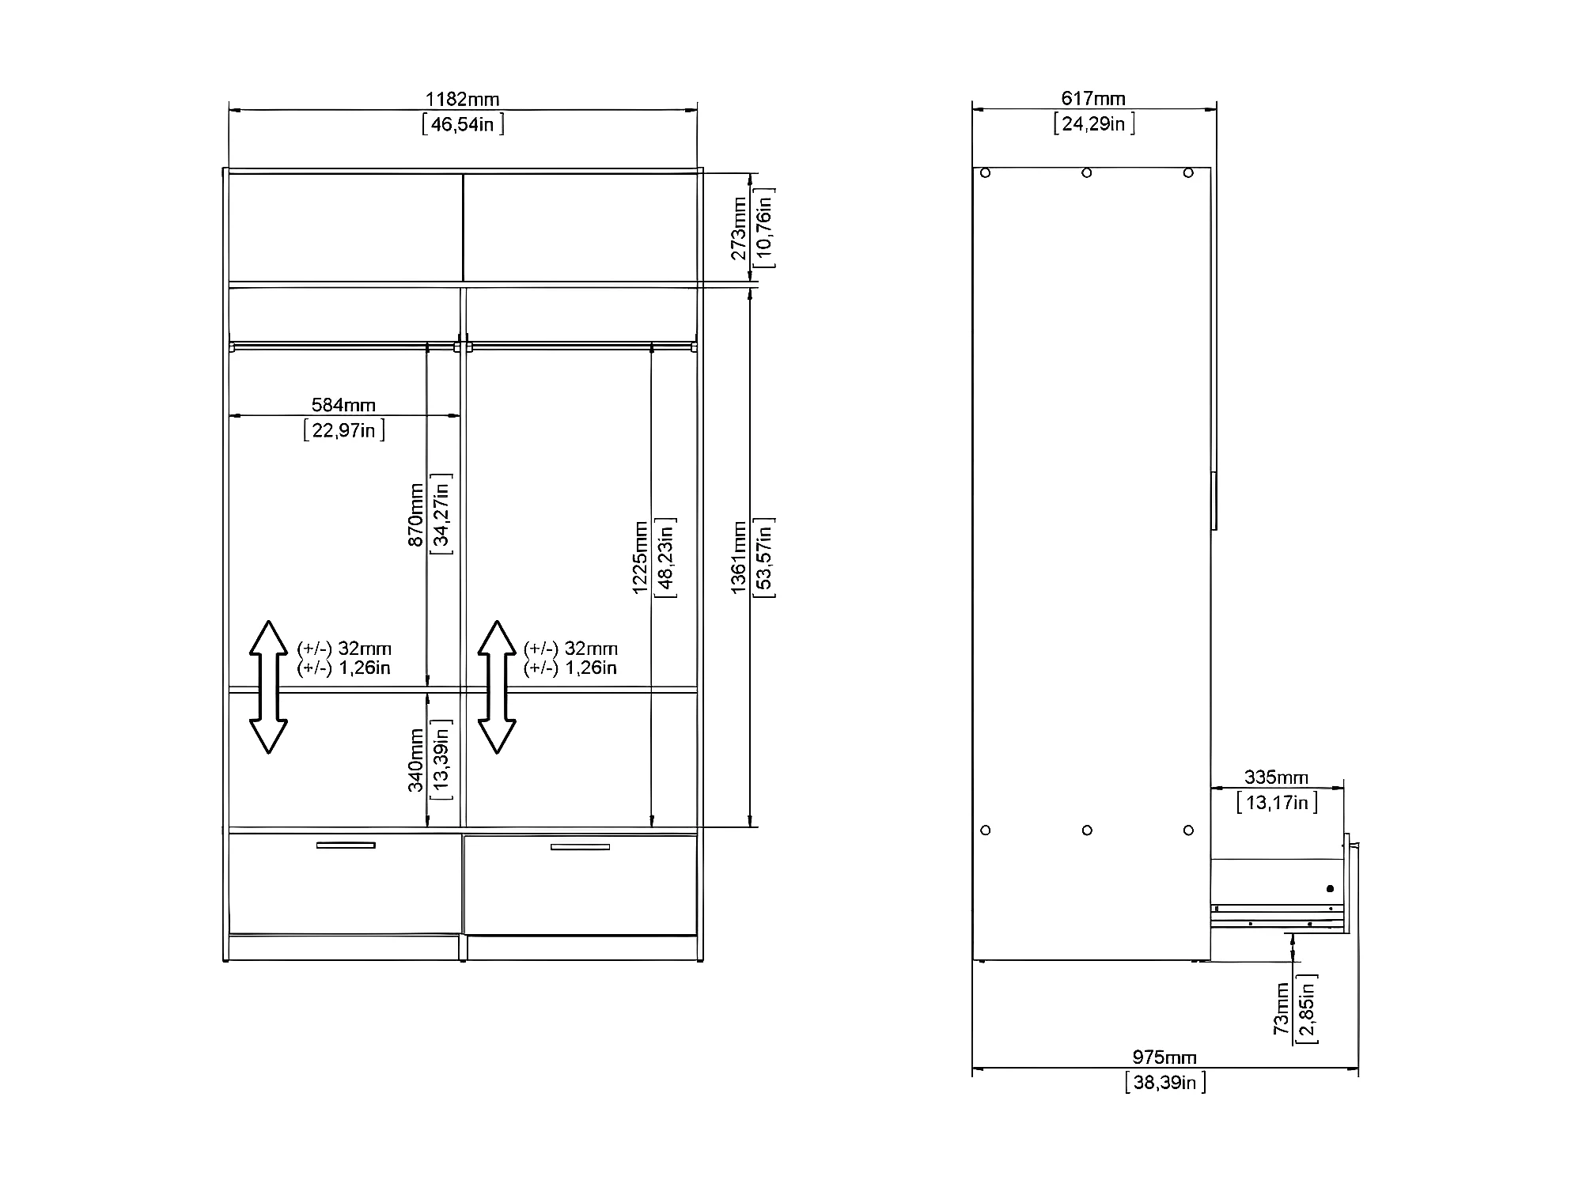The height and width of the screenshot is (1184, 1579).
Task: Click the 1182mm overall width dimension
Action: pyautogui.click(x=463, y=99)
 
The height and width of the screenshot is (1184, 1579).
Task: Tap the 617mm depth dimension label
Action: pyautogui.click(x=1092, y=98)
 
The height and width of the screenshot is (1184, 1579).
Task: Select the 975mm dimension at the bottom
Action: pyautogui.click(x=1164, y=1057)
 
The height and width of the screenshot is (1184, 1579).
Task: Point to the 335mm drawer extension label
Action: pyautogui.click(x=1276, y=777)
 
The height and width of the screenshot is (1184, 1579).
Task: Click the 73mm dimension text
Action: pyautogui.click(x=1282, y=1008)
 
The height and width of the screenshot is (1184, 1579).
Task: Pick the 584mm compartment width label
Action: pyautogui.click(x=343, y=405)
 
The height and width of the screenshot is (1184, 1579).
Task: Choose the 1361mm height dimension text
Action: pyautogui.click(x=738, y=558)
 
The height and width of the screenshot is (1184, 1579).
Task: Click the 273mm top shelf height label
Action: pyautogui.click(x=738, y=229)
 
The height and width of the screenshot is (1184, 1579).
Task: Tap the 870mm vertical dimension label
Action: pyautogui.click(x=415, y=515)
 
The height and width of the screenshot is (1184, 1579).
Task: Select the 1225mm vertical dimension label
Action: pyautogui.click(x=640, y=558)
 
